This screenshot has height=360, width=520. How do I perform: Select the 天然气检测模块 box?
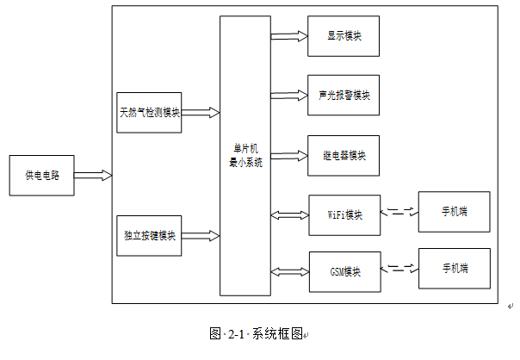[x=149, y=113]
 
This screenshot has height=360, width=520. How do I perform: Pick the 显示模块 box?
[x=343, y=37]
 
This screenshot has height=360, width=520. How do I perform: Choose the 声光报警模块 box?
[x=343, y=96]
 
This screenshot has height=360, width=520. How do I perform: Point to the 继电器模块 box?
[x=343, y=156]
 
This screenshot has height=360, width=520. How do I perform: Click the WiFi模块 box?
[x=343, y=214]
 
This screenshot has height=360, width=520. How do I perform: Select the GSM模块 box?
[x=343, y=272]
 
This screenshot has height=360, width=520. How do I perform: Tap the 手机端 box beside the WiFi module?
[x=454, y=212]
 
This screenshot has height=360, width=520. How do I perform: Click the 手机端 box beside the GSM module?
[x=454, y=269]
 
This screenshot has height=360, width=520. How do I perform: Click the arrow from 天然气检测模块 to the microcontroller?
[x=201, y=113]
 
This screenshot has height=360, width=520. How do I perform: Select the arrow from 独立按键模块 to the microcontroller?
[x=201, y=235]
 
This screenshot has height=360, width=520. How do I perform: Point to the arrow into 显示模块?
[x=288, y=37]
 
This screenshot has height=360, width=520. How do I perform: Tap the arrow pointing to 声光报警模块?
[x=288, y=96]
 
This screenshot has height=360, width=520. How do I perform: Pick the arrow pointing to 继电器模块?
[x=288, y=156]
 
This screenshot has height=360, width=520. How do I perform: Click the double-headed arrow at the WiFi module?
[x=288, y=214]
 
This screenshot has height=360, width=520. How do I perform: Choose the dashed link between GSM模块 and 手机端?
[x=398, y=268]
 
